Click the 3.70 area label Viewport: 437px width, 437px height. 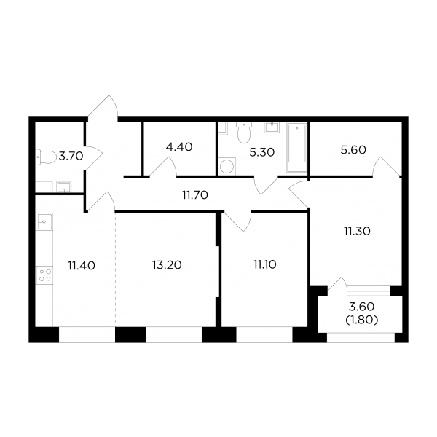pos(71,156)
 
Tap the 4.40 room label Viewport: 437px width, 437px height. pos(179,147)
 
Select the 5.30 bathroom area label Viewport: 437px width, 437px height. pos(262,152)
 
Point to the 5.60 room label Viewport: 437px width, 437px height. pos(353,150)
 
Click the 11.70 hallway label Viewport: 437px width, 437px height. pos(195,195)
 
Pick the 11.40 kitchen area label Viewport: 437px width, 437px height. pos(82,266)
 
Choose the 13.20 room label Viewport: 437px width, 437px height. pos(167,265)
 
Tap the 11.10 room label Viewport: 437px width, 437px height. pos(265,264)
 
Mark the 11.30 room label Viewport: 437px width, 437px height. pos(357,231)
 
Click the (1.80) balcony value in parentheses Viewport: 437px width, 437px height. pos(362,320)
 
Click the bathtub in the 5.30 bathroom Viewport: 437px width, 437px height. pos(297,147)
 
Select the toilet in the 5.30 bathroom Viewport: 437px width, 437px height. pos(244,133)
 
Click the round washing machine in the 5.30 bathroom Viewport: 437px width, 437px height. pos(227,166)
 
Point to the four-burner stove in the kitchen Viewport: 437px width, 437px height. pos(44,275)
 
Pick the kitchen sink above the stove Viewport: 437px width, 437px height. pos(44,221)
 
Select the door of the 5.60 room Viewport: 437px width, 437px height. pos(387,166)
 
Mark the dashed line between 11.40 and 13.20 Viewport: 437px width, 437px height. pos(115,269)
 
